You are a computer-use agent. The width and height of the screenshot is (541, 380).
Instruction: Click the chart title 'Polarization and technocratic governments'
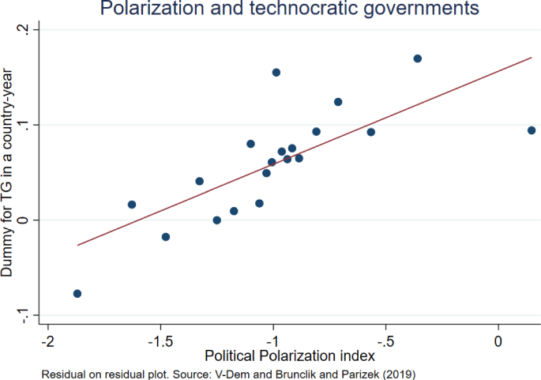coord(289,9)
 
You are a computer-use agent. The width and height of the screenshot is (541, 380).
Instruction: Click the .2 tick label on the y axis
coord(27,30)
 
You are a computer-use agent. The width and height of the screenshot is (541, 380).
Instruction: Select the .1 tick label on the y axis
coord(27,125)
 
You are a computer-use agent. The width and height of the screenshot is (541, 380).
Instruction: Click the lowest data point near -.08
coord(77,294)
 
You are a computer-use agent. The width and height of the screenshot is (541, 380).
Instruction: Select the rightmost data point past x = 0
coord(532,130)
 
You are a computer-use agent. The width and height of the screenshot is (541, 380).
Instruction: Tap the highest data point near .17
coord(418,58)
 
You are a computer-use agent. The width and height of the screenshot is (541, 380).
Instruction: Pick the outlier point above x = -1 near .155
coord(276,73)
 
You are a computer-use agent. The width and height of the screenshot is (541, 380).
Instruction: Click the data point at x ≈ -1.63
coord(132,205)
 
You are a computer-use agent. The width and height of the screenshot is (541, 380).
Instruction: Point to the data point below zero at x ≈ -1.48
coord(166,237)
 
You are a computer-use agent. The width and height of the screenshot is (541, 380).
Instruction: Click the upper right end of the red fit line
coord(532,58)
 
